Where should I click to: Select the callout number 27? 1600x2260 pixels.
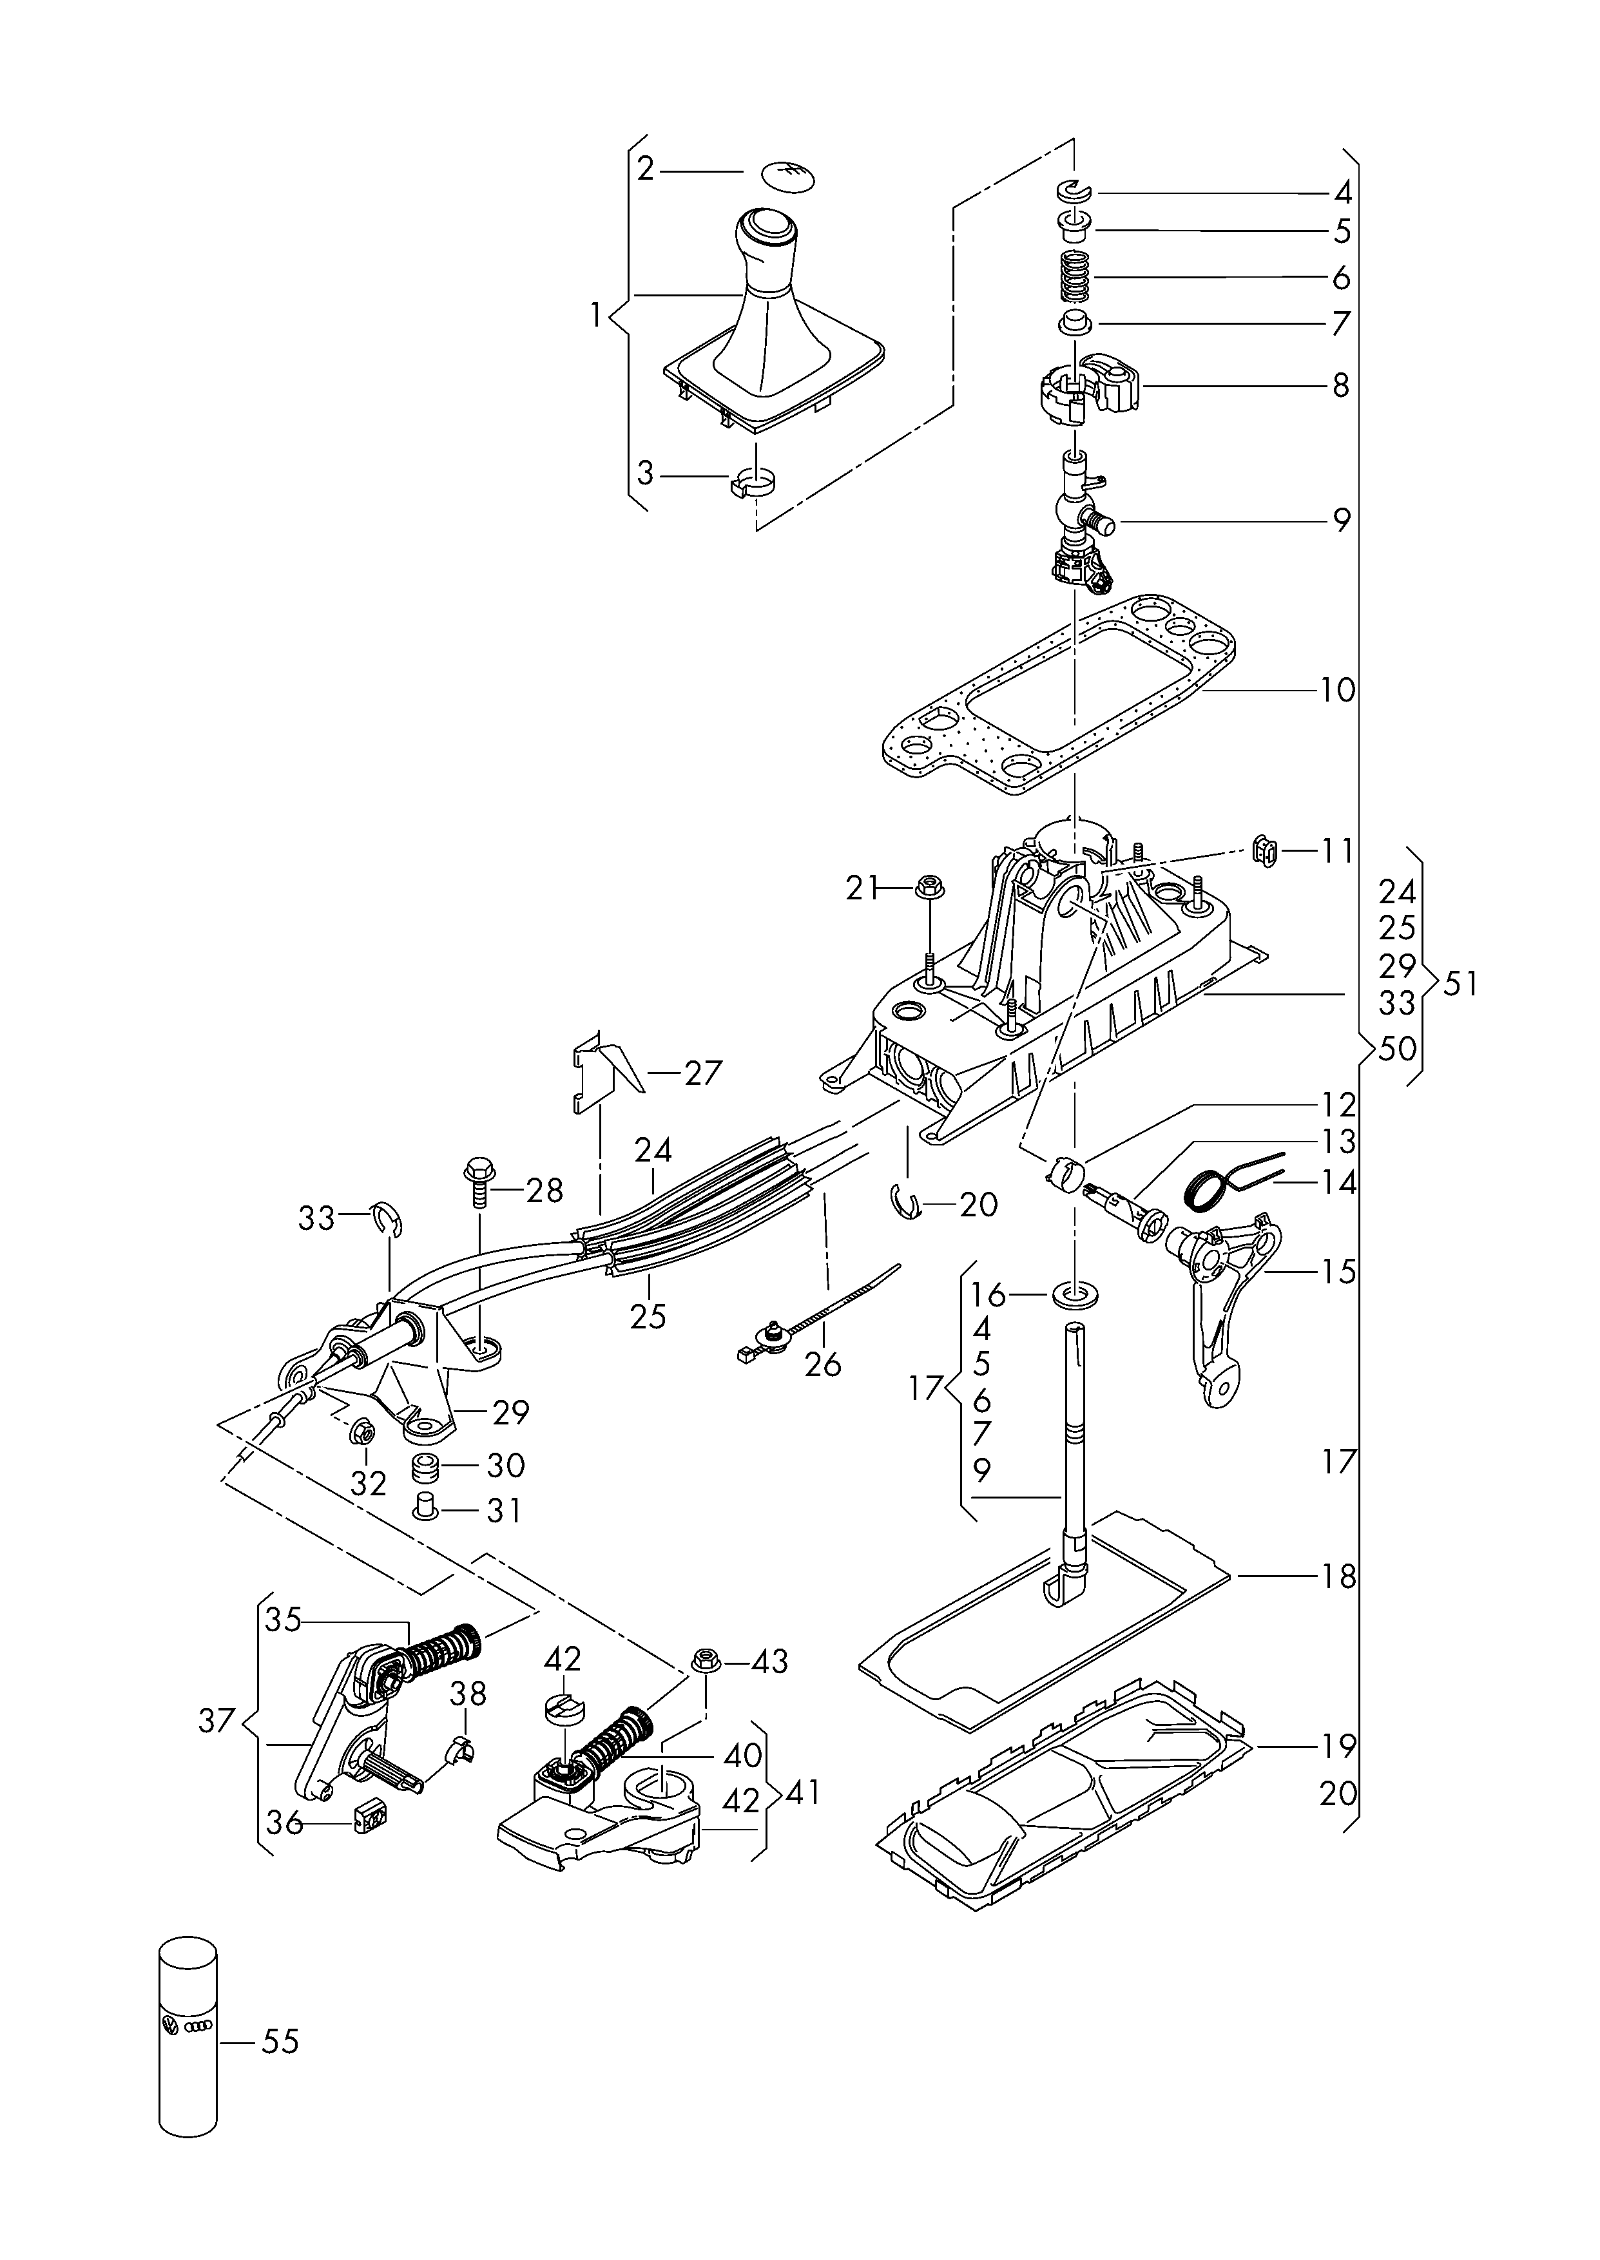704,1073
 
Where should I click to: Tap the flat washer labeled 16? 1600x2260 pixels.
1076,1292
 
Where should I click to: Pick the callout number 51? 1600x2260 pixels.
1460,984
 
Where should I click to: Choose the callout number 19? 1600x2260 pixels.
1338,1746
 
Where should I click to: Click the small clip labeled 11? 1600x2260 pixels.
1262,848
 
